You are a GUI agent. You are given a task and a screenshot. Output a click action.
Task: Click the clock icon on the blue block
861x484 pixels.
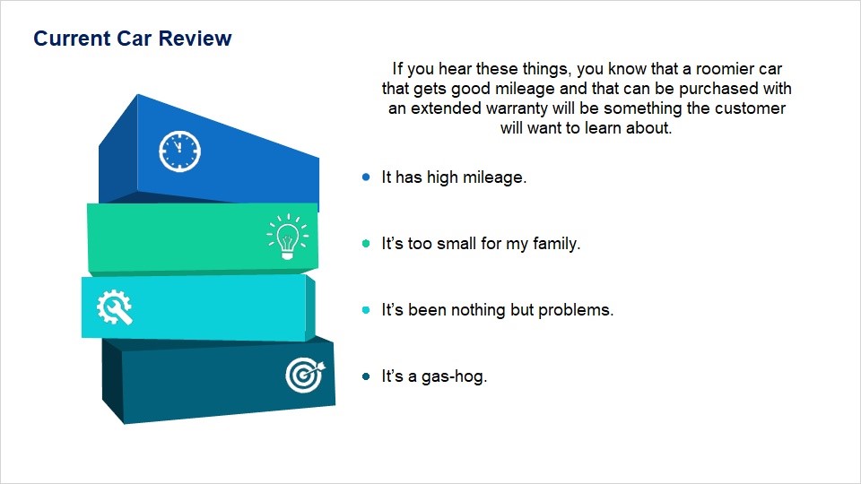pos(179,151)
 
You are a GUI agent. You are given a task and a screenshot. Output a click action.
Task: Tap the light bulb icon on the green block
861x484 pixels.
pos(288,237)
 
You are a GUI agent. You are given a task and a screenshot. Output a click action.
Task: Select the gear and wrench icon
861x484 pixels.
pos(114,307)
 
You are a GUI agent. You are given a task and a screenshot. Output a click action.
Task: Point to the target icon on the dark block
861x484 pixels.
pos(305,376)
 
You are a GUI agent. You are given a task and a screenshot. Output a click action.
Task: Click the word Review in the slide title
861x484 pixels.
pos(195,39)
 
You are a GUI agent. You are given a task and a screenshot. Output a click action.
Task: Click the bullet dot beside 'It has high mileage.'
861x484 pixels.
pos(366,177)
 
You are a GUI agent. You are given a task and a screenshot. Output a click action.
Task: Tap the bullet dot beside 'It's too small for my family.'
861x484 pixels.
pos(366,243)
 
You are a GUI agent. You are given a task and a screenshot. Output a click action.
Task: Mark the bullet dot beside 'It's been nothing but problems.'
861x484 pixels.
pos(366,309)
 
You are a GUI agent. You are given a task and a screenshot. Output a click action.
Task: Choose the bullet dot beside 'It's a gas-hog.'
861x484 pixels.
pos(366,376)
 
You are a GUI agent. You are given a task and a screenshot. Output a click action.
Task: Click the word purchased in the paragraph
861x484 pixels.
pos(717,89)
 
